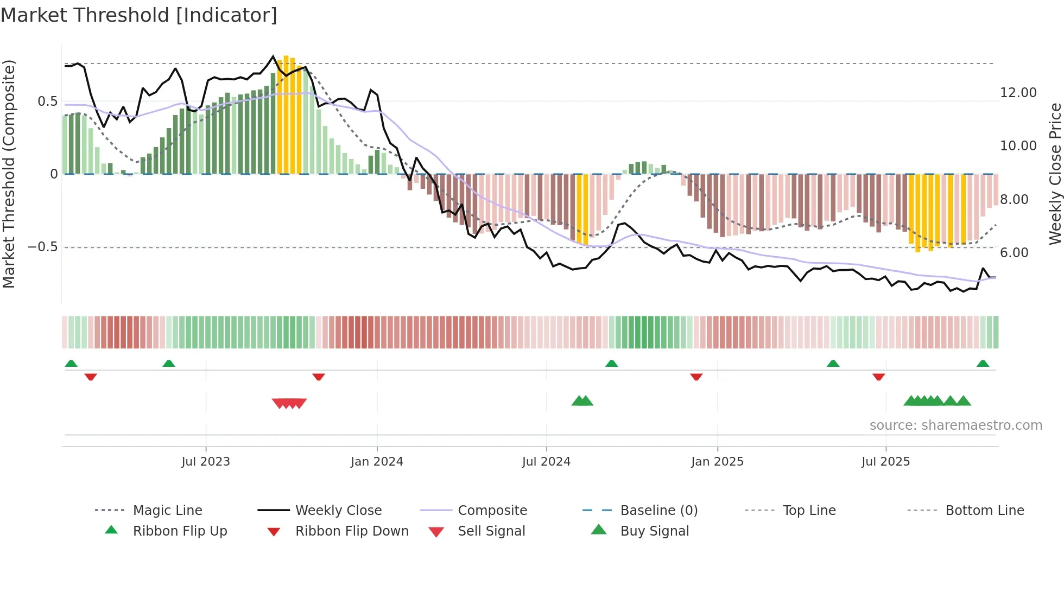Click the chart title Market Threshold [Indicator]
coord(139,15)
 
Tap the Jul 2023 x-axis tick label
coord(206,462)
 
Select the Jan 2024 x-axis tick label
coord(377,462)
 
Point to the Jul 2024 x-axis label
coord(546,462)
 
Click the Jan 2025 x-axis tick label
coord(717,462)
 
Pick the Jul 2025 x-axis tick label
coord(885,462)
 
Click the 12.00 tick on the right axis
coord(1018,93)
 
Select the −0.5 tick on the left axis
coord(42,247)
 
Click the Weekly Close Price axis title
coord(1055,174)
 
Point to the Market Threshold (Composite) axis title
coord(9,174)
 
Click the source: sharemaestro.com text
coord(955,425)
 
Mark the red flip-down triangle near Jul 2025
coord(878,377)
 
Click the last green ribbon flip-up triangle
coord(983,364)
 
